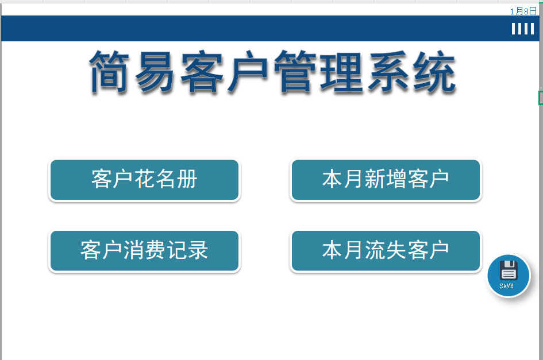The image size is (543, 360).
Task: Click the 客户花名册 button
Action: (x=144, y=180)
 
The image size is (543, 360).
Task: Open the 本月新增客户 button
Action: (x=386, y=180)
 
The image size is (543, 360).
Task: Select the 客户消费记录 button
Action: (x=144, y=251)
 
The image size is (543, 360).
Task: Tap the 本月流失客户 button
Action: (x=386, y=251)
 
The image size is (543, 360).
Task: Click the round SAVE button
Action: (x=509, y=276)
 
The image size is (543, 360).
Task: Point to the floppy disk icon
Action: (x=509, y=270)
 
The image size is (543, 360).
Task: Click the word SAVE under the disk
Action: (x=506, y=286)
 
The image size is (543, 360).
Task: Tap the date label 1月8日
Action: (x=523, y=11)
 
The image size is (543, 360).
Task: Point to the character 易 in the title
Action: (x=155, y=72)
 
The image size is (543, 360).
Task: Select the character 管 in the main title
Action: (x=295, y=72)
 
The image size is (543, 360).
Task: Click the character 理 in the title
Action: (x=341, y=72)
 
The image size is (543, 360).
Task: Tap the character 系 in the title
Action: (x=388, y=72)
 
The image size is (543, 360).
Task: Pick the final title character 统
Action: (x=434, y=72)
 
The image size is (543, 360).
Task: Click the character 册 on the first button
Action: (x=187, y=179)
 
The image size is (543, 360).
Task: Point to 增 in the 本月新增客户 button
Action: (x=396, y=179)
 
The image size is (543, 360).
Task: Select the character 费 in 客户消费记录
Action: (x=155, y=250)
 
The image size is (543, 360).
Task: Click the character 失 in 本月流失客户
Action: (x=396, y=250)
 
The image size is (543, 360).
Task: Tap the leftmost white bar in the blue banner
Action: (x=514, y=29)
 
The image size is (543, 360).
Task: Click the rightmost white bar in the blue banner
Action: (x=532, y=29)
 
